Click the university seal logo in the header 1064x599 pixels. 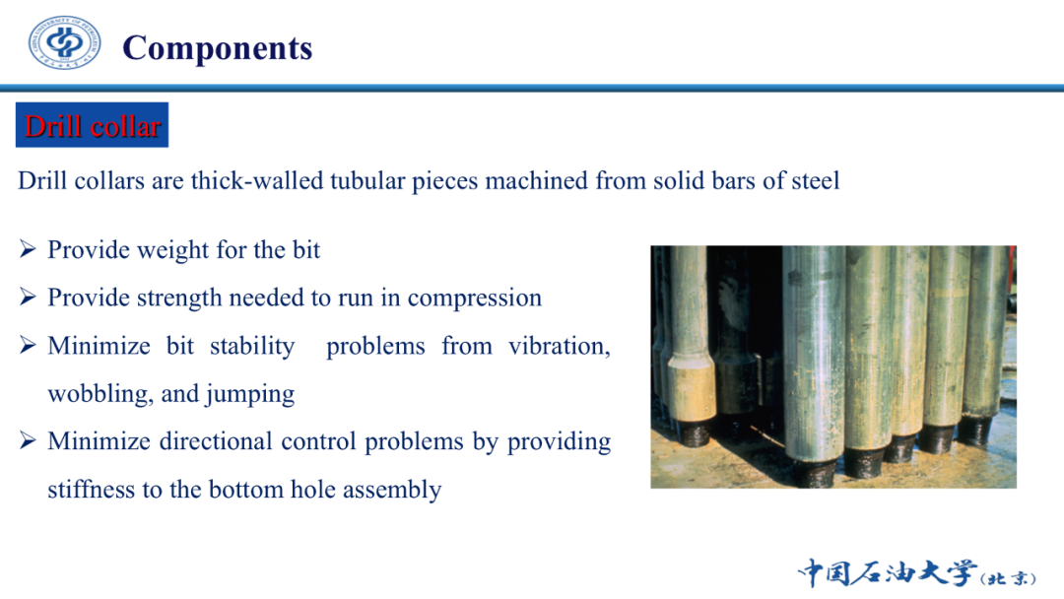pyautogui.click(x=64, y=42)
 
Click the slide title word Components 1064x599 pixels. pyautogui.click(x=217, y=48)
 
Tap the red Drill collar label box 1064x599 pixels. pyautogui.click(x=93, y=125)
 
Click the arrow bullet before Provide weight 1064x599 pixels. pyautogui.click(x=28, y=249)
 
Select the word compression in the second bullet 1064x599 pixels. pyautogui.click(x=474, y=299)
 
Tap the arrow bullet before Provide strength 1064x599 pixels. pyautogui.click(x=28, y=298)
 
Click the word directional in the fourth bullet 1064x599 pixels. pyautogui.click(x=216, y=441)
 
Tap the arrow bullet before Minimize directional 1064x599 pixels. pyautogui.click(x=28, y=441)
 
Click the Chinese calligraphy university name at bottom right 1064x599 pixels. pyautogui.click(x=917, y=572)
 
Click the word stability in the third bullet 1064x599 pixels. pyautogui.click(x=252, y=347)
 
